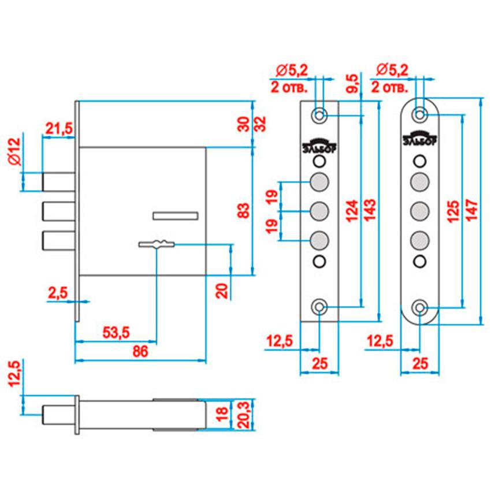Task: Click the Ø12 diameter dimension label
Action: [14, 152]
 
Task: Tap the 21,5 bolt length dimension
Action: [59, 129]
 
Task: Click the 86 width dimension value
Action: [141, 352]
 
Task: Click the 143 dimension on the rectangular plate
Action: [370, 211]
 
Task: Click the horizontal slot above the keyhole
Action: [175, 215]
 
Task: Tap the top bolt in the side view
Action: [57, 181]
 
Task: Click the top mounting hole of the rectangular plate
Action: [319, 115]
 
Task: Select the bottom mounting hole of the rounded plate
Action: [421, 307]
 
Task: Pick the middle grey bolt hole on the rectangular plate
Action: [319, 211]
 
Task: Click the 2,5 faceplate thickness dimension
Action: [58, 293]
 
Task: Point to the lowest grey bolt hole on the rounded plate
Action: [421, 239]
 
